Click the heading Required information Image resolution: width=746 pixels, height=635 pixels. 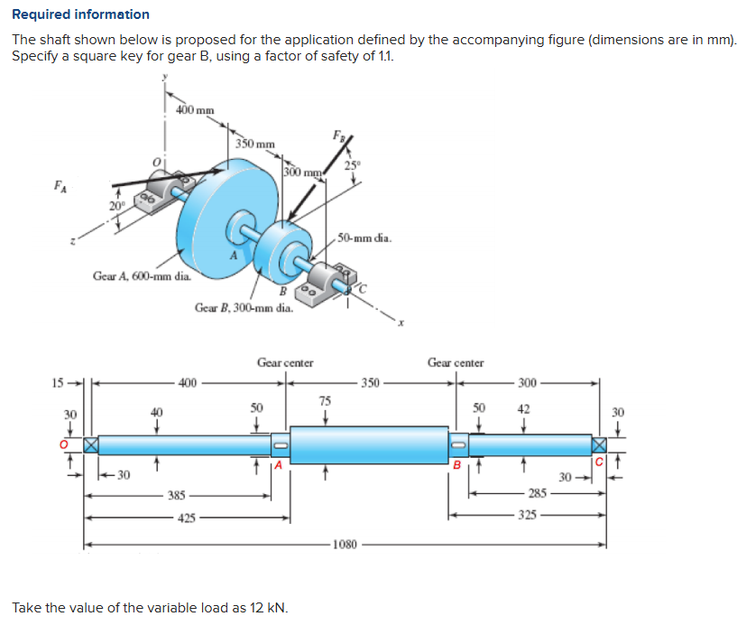pos(81,14)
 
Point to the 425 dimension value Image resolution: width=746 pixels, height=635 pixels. pos(185,518)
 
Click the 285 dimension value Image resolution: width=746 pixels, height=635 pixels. pos(539,493)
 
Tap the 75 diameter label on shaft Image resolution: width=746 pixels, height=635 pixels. pos(325,400)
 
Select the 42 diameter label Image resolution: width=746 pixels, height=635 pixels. pos(523,407)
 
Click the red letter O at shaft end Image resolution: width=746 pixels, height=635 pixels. pos(64,444)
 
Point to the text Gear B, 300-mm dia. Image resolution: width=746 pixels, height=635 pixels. pos(244,308)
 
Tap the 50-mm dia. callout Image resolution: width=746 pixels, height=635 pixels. pos(364,238)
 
